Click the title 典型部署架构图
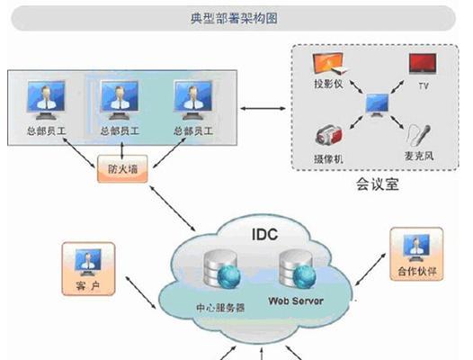click(x=235, y=16)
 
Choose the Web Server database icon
click(x=294, y=266)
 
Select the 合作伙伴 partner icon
click(x=415, y=248)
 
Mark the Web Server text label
click(x=294, y=300)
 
